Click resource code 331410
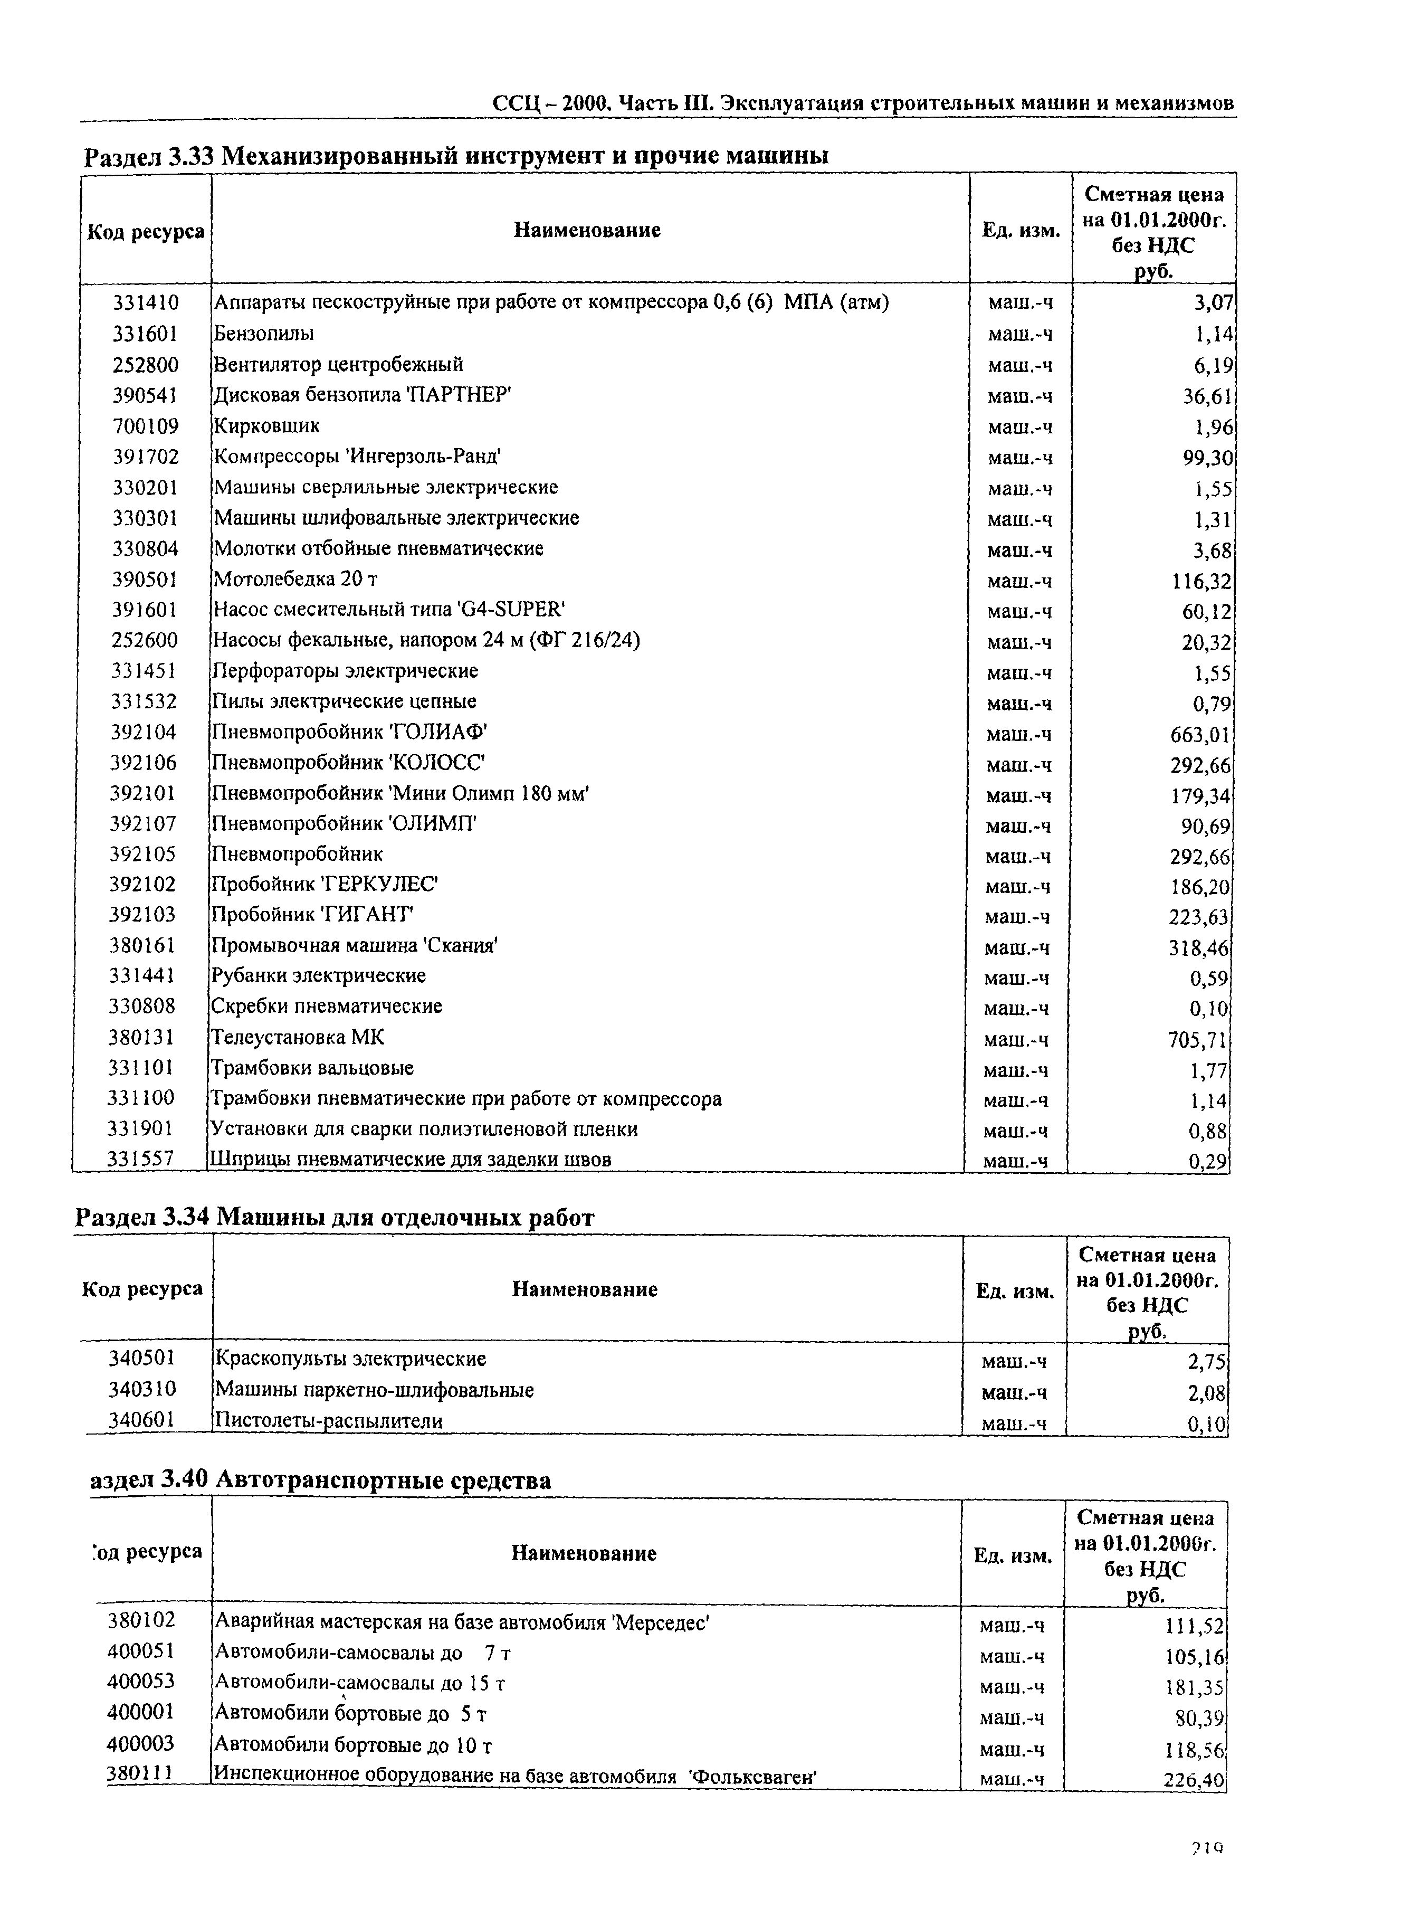[x=145, y=303]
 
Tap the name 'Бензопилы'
[x=264, y=333]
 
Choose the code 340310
[x=142, y=1389]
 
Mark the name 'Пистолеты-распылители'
[x=329, y=1421]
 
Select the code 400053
[x=141, y=1681]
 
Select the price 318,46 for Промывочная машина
[x=1199, y=949]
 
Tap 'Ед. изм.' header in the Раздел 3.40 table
[x=1013, y=1555]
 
